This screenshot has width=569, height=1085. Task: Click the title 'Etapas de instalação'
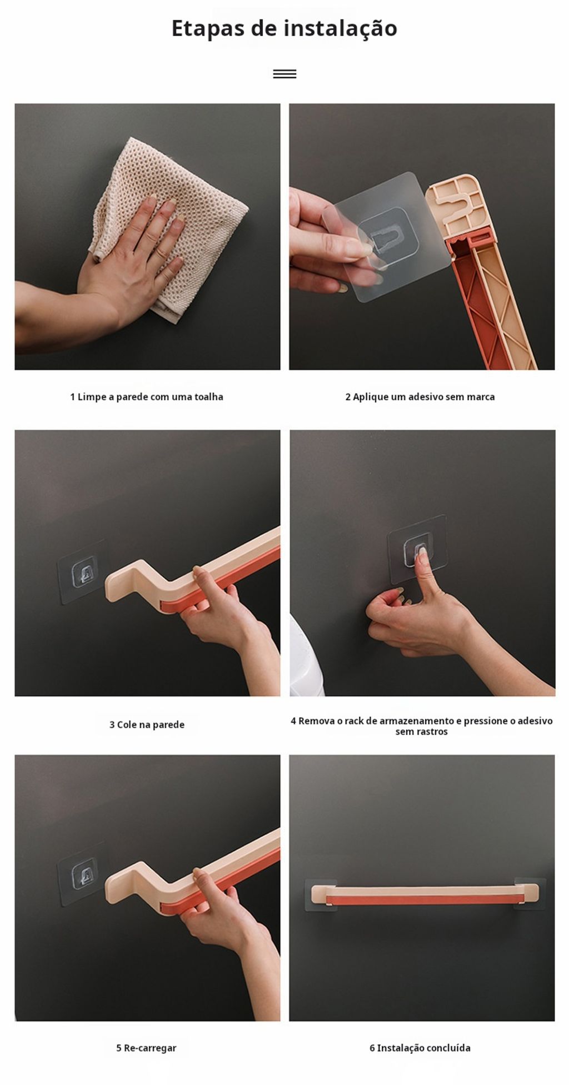coord(284,28)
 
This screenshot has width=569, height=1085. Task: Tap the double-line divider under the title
coord(284,74)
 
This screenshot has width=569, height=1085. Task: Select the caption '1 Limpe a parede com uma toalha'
coord(147,397)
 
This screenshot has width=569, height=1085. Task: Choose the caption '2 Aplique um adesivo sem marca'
coord(420,397)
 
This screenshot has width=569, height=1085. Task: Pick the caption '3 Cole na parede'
coord(147,725)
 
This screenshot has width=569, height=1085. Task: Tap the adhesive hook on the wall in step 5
coord(81,874)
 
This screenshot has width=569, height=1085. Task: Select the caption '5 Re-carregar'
coord(146,1048)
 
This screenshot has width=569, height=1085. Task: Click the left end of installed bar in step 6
coord(317,894)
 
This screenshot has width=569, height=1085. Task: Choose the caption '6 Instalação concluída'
coord(420,1048)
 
